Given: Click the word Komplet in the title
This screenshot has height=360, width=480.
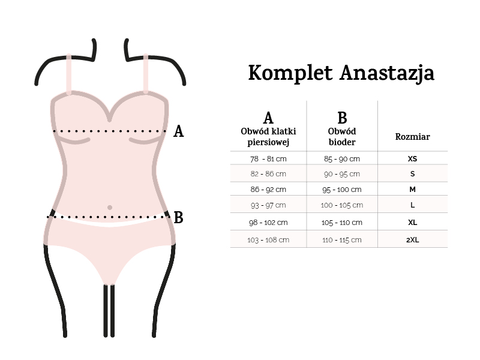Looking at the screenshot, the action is (290, 73).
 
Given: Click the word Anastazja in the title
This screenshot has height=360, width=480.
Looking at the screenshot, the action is (387, 74).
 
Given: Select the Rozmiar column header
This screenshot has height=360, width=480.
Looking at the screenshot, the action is (412, 137).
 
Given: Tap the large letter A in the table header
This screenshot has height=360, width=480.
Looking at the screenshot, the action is (268, 118).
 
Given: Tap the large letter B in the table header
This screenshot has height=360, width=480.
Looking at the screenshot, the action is (342, 118).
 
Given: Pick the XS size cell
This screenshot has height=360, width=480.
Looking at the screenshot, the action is (412, 158).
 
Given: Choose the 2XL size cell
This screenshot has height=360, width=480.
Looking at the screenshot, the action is (412, 239).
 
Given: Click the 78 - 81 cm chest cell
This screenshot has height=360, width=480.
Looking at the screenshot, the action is (268, 159).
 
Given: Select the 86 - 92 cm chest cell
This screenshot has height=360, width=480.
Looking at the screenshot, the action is (268, 190).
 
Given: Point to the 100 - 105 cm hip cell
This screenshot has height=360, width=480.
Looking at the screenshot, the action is (342, 205).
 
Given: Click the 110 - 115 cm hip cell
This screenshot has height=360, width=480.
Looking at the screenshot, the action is (342, 240).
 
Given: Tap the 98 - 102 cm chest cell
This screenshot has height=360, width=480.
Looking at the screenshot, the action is (268, 223).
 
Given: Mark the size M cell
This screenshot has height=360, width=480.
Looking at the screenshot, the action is (412, 190).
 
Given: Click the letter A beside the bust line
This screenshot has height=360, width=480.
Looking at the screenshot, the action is (178, 131).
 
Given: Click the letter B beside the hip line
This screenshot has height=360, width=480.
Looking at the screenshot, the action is (178, 218).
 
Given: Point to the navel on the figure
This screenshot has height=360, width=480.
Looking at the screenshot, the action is (110, 208).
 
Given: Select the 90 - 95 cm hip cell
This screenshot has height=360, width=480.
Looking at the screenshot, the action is (342, 174).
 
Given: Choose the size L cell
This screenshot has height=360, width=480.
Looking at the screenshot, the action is (412, 205).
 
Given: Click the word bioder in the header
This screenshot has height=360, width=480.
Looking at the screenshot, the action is (342, 142).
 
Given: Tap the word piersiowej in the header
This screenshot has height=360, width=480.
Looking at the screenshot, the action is (268, 142).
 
